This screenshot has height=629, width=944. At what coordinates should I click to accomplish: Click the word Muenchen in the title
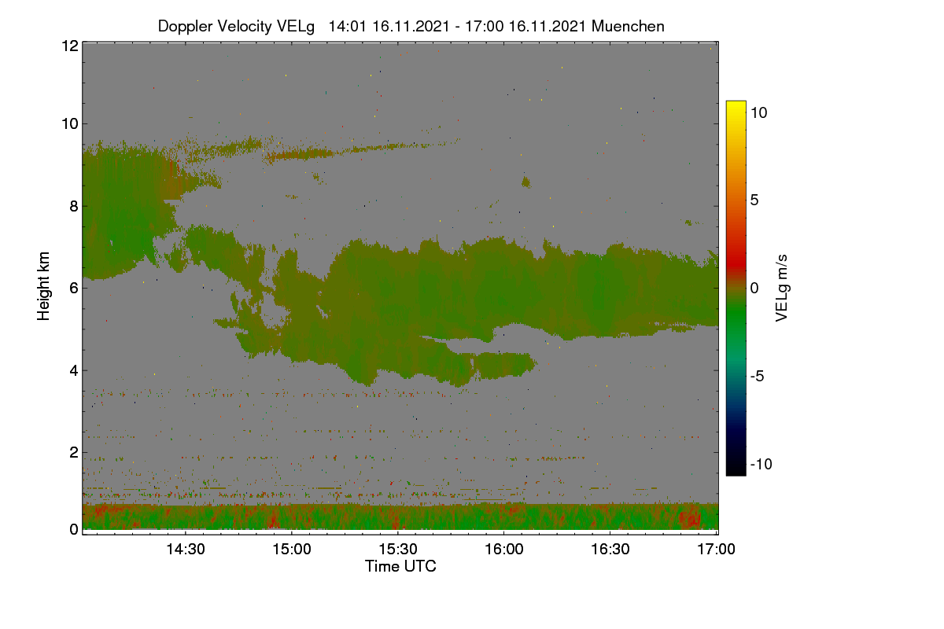pos(628,26)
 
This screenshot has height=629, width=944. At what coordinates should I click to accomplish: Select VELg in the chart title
pos(296,27)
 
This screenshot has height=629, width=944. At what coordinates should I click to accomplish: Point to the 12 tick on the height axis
pos(70,46)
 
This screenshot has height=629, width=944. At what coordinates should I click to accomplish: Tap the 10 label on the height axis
pos(70,124)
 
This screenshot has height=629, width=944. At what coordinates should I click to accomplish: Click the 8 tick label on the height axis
pos(74,206)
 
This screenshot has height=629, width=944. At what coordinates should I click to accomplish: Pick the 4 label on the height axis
pos(74,371)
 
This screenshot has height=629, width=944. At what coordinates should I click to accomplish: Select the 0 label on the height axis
pos(74,529)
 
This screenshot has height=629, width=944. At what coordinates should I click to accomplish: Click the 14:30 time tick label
pos(186,549)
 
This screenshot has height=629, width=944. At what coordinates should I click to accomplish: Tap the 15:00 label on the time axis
pos(292,549)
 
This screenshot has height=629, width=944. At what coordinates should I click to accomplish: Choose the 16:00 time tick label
pos(504,549)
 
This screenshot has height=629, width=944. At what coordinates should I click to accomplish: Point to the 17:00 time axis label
pos(716,549)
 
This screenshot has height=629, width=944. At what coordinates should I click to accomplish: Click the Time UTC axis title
pos(400,566)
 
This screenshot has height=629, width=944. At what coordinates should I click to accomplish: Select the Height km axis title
pos(43,286)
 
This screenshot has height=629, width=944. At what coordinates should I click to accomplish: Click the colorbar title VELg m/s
pos(782,289)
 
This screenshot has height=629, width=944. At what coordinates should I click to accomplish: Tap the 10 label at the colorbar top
pos(759,113)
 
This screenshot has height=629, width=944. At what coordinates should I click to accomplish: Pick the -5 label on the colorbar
pos(758,376)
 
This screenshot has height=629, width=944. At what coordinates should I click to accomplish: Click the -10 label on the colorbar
pos(761,464)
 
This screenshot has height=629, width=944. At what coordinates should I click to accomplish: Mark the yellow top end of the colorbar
pos(736,102)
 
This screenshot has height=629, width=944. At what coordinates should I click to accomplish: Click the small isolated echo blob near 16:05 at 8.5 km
pos(526,182)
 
